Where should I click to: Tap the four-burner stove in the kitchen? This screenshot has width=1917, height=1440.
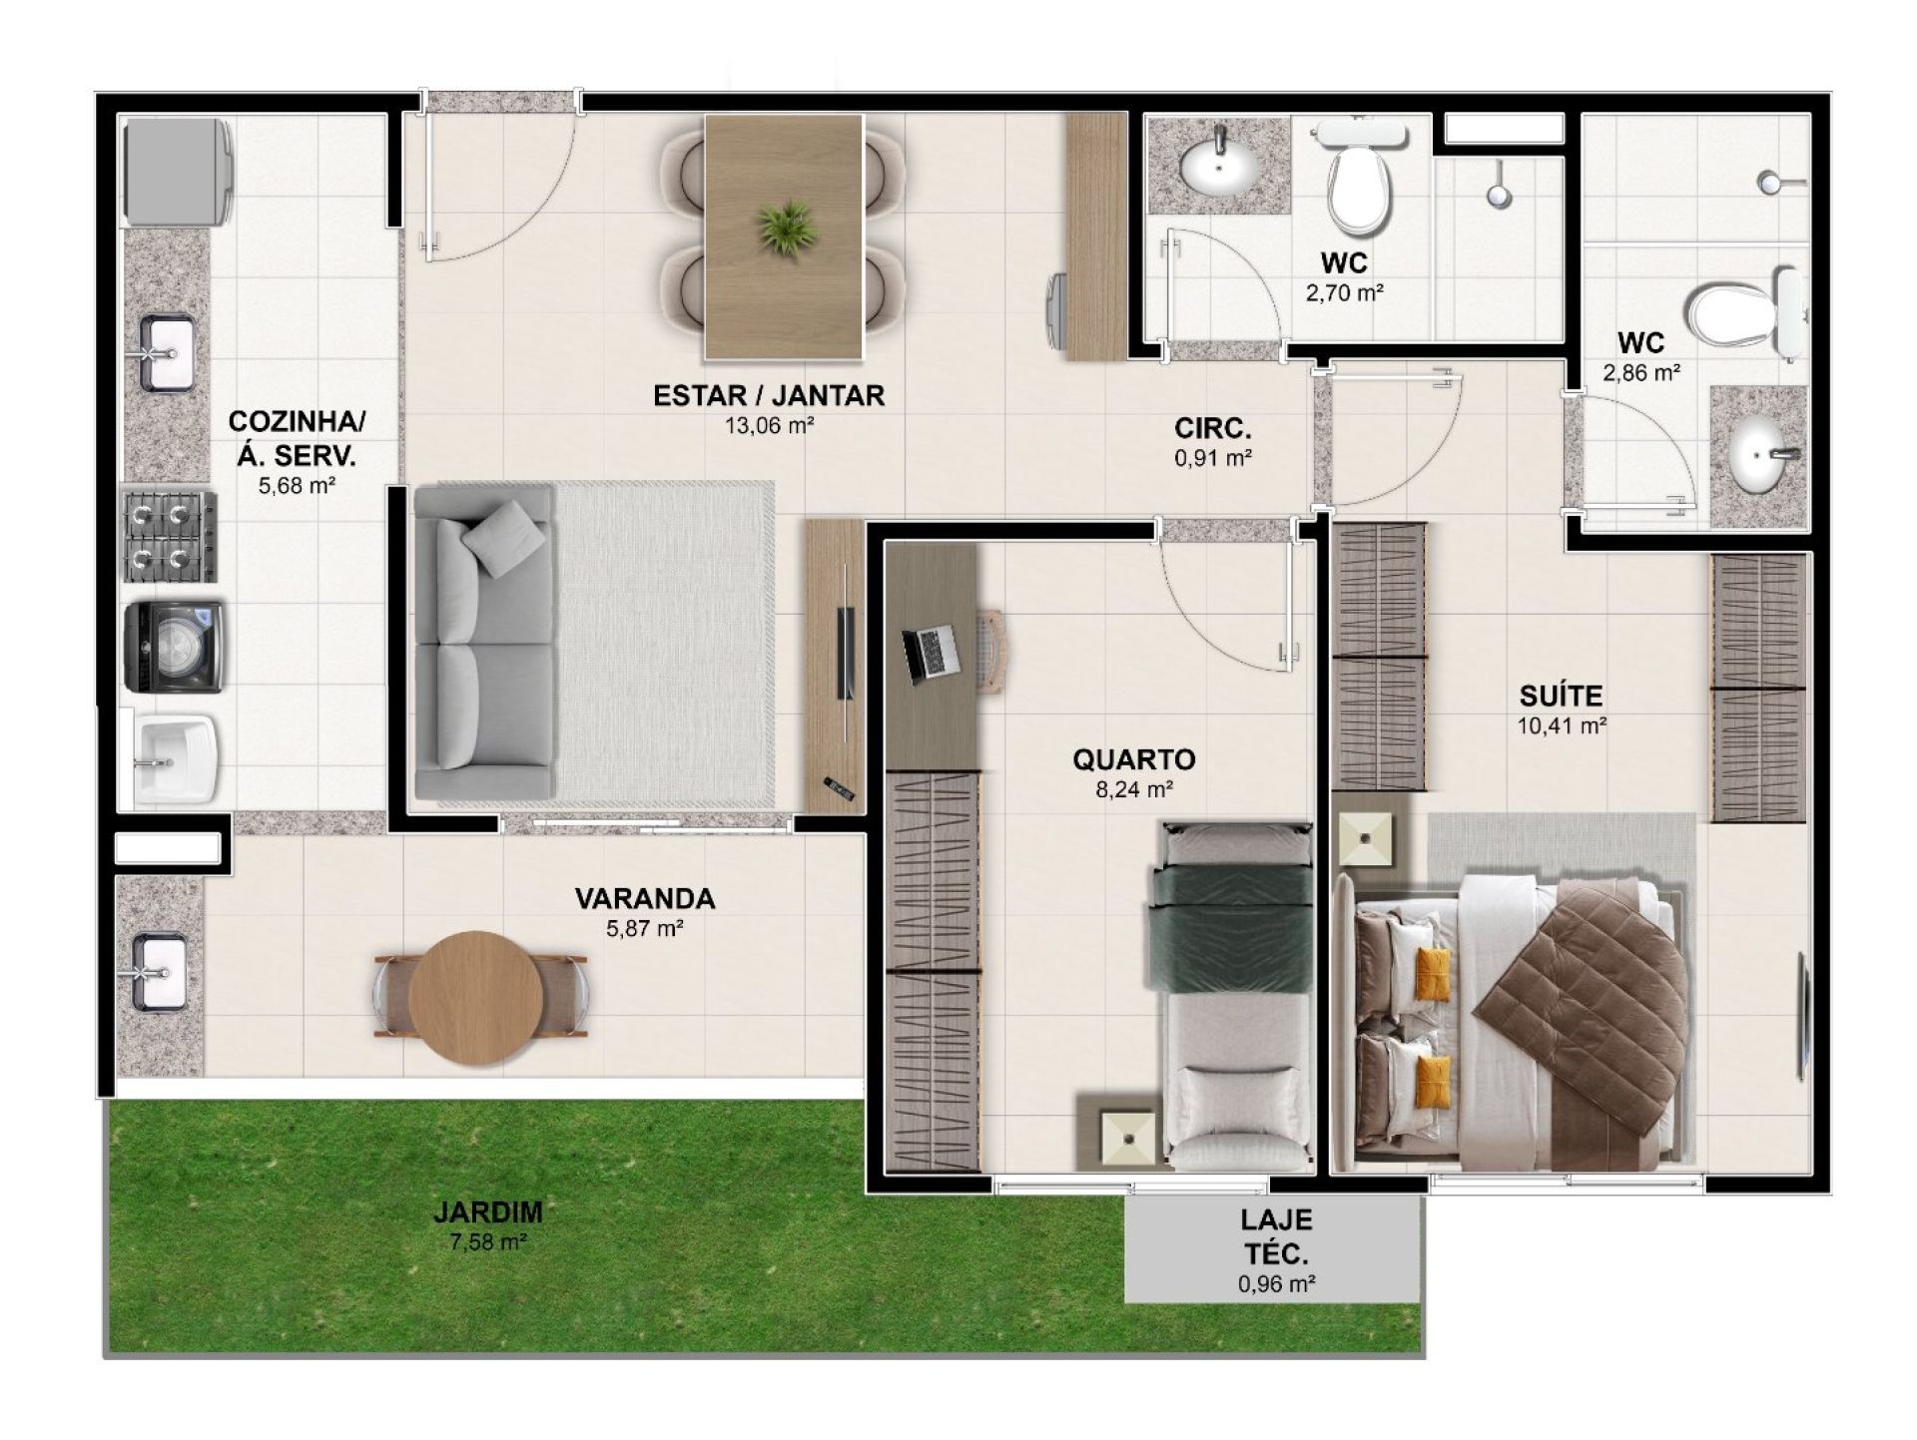tap(169, 536)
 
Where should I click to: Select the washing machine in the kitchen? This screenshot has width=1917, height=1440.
tap(173, 647)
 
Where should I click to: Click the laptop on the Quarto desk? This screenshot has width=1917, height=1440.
tap(930, 654)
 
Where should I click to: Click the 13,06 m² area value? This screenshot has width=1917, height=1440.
tap(769, 426)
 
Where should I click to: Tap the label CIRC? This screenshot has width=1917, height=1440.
tap(1213, 429)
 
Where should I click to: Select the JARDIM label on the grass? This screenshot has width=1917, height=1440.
tap(488, 1212)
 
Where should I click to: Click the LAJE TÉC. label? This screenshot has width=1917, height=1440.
tap(1277, 1236)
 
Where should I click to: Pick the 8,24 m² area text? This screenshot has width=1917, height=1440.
tap(1133, 789)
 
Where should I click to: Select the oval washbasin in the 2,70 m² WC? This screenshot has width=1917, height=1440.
tap(1219, 167)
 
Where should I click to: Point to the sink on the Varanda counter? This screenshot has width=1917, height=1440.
tap(159, 972)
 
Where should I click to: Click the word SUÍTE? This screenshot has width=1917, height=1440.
tap(1561, 696)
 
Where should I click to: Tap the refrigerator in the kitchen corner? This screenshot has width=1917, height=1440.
tap(177, 172)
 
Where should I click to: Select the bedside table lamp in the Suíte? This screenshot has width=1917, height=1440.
tap(1365, 839)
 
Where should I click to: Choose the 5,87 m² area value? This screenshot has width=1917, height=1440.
tap(645, 929)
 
